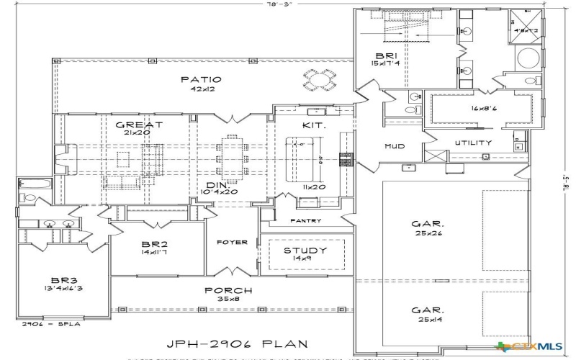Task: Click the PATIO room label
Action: (x=200, y=79)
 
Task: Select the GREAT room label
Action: (x=139, y=125)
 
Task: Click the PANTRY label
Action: (x=305, y=220)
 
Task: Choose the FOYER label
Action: (x=232, y=242)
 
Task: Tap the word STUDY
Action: (x=305, y=251)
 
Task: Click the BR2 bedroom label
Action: (x=156, y=244)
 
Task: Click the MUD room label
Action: (x=394, y=146)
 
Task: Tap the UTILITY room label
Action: (x=473, y=143)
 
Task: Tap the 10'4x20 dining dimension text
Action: (x=221, y=192)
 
